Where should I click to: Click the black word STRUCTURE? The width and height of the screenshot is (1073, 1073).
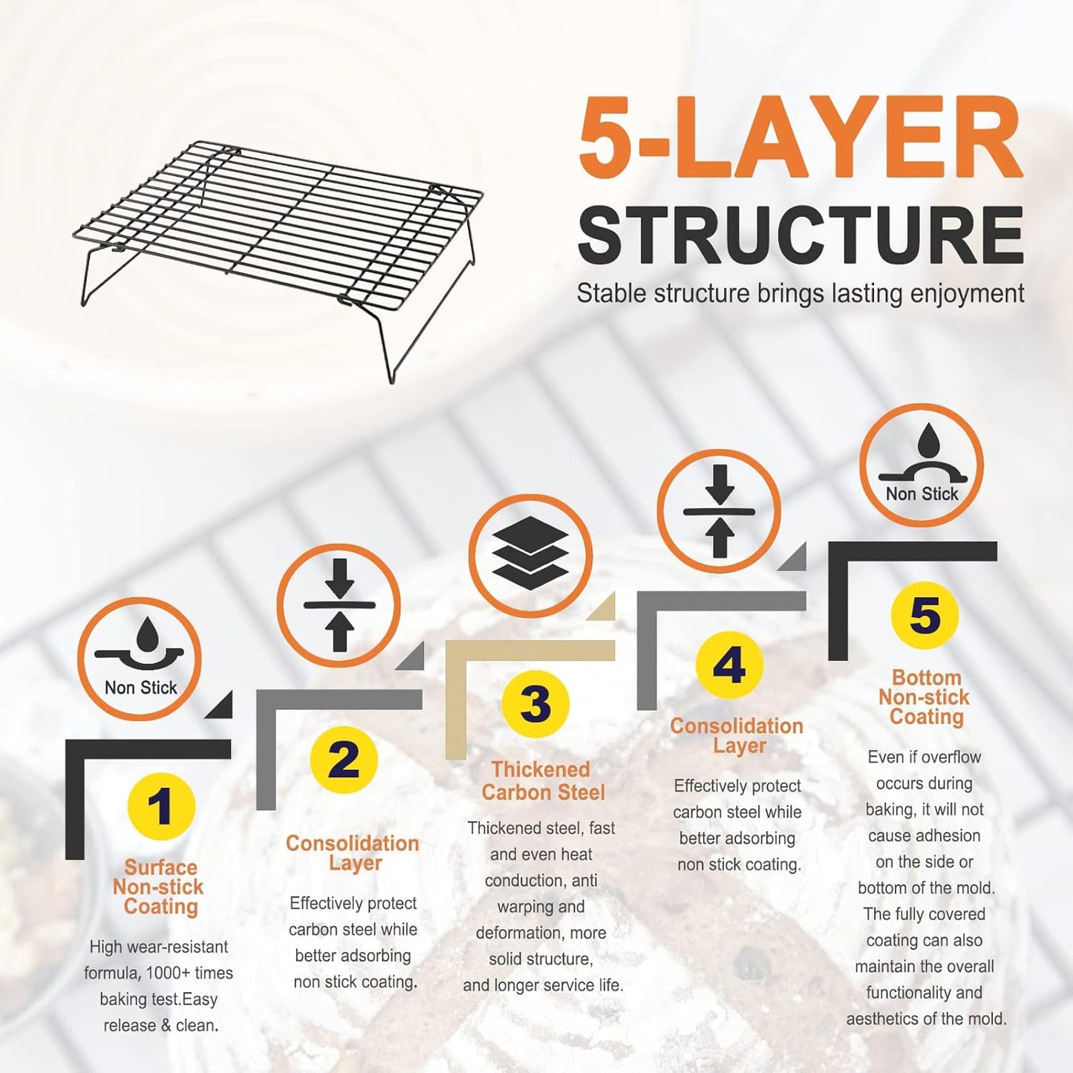tap(800, 236)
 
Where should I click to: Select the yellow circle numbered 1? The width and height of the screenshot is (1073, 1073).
tap(160, 807)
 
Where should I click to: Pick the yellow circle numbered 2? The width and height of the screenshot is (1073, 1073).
tap(344, 760)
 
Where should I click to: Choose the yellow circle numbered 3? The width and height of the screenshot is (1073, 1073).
tap(535, 702)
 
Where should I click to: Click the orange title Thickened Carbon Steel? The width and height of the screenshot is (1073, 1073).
tap(542, 781)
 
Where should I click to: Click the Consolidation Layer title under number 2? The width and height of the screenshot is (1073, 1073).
tap(353, 853)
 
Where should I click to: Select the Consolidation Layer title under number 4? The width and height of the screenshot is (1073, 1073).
tap(737, 736)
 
